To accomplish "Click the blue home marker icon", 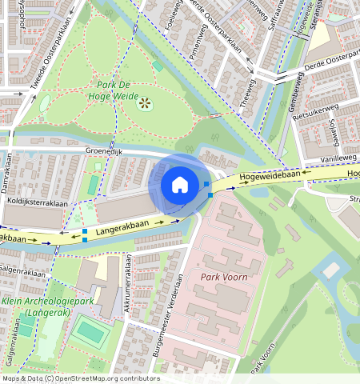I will click(x=180, y=185).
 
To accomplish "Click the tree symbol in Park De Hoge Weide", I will click(x=145, y=102).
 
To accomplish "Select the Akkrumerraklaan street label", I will click(x=127, y=284).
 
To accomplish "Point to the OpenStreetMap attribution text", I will click(x=81, y=378).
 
